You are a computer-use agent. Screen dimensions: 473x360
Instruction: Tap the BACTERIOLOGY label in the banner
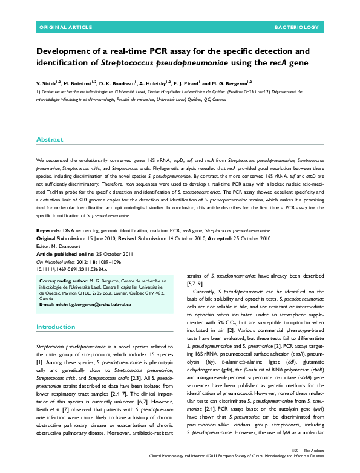click(296, 28)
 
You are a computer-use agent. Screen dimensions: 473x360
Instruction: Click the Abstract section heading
click(50, 140)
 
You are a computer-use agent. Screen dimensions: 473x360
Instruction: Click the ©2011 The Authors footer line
click(310, 451)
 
